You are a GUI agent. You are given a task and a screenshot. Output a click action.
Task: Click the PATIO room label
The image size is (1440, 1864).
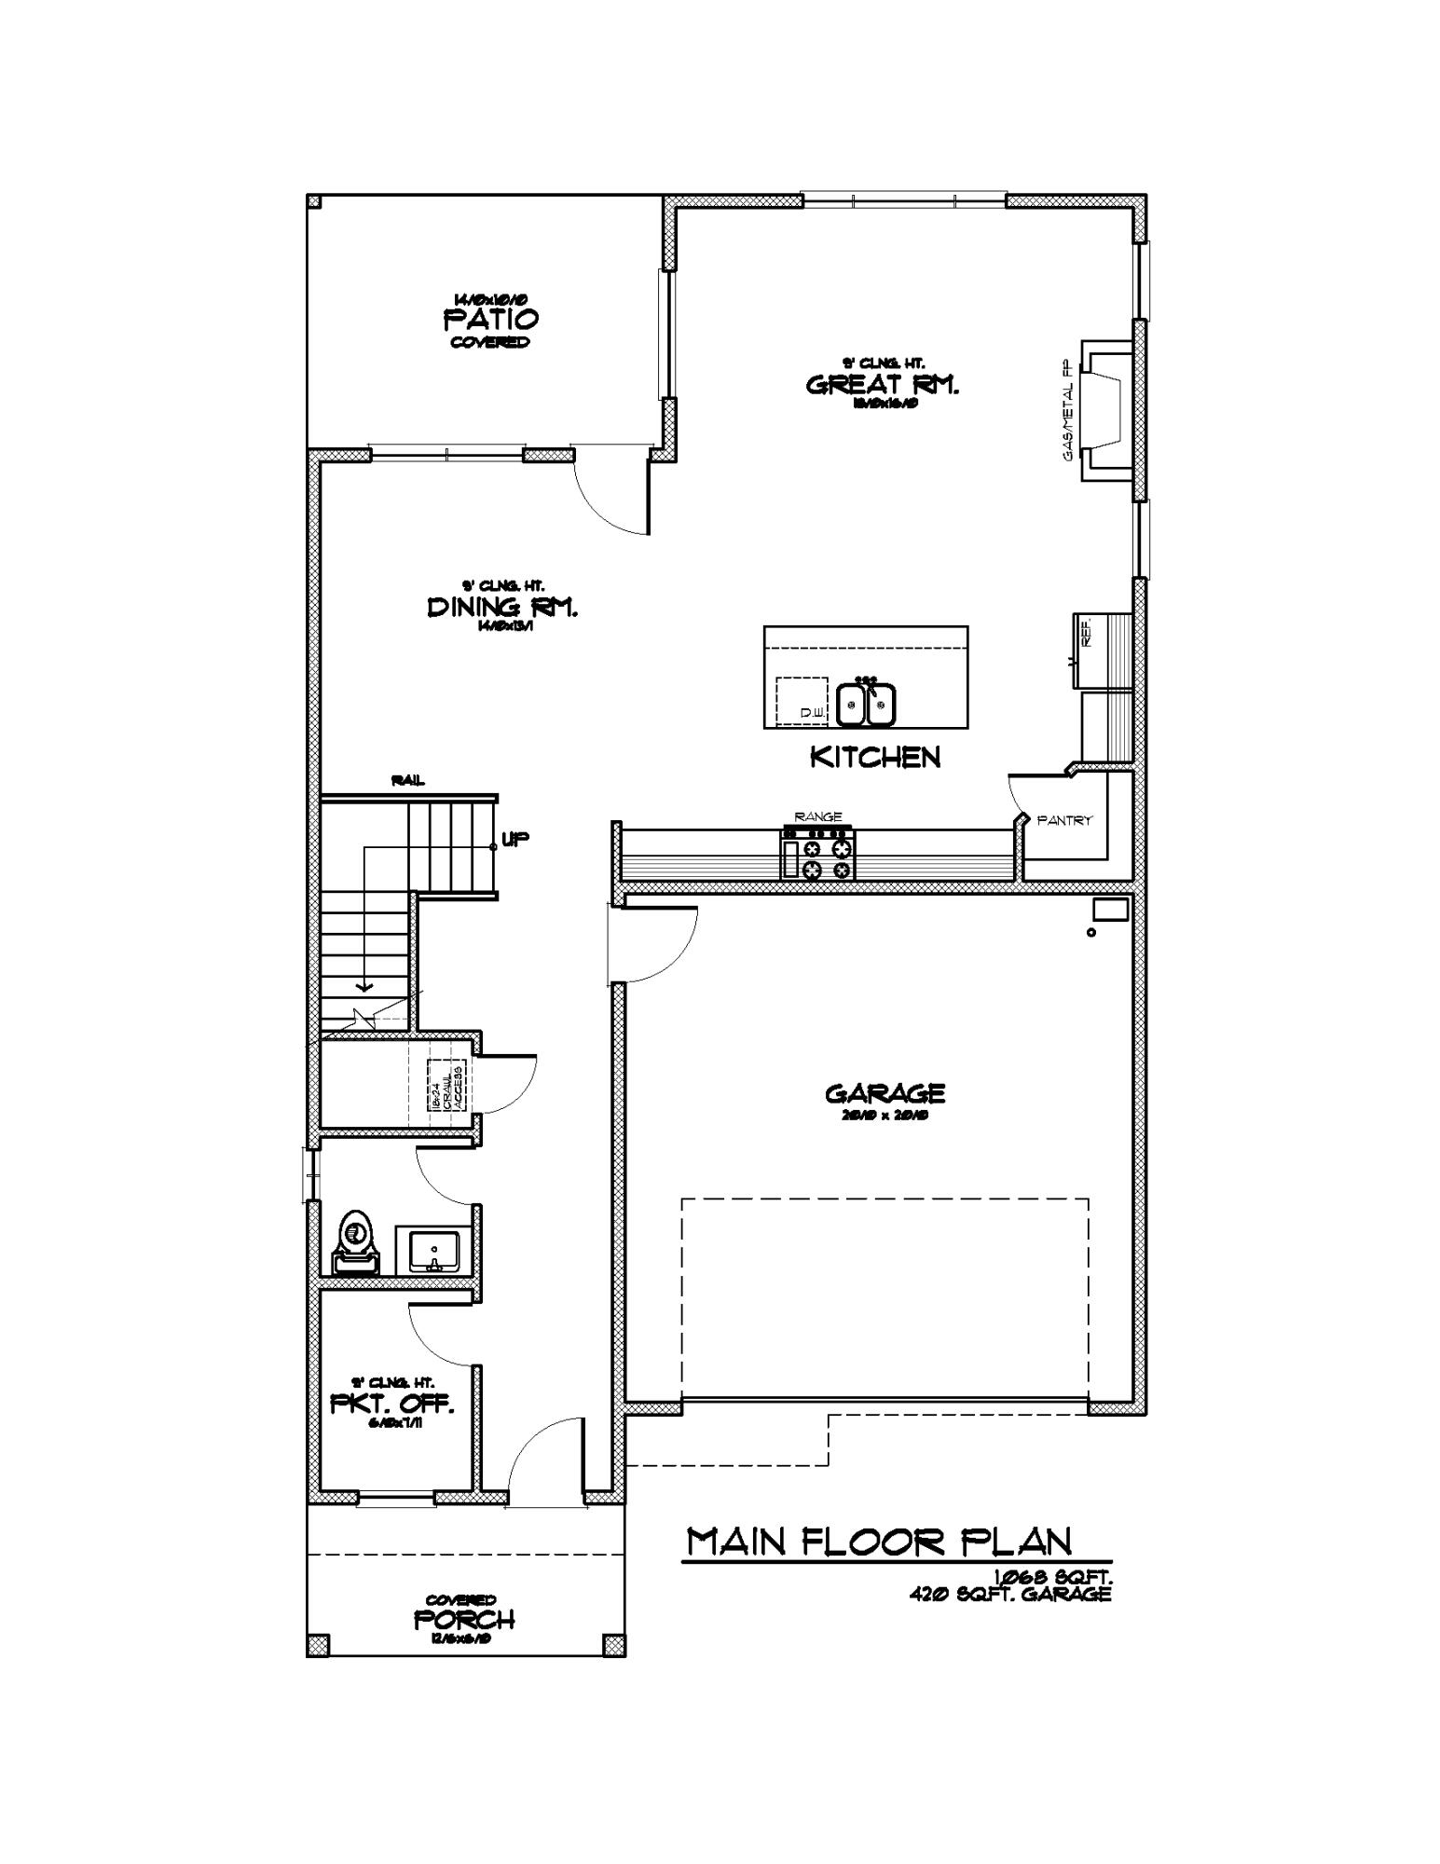pos(490,320)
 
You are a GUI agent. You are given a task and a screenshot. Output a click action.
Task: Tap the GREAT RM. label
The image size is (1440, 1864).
pos(882,385)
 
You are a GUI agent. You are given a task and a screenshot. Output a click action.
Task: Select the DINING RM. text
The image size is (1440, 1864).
pos(502,608)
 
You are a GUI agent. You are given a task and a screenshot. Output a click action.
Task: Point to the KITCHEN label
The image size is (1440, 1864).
pos(874,757)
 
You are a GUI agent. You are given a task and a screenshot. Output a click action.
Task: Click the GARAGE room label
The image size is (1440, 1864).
pos(885,1092)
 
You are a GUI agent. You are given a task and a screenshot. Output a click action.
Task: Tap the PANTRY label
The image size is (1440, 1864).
pos(1064,821)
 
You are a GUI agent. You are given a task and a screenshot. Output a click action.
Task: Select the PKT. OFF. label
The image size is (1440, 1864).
pos(392,1404)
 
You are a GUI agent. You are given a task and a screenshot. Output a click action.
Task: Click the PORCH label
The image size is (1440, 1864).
pos(464,1620)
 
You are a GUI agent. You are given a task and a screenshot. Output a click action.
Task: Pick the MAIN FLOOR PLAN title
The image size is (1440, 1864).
pos(879,1542)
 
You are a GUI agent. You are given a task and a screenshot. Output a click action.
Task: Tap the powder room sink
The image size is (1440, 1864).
pos(432,1250)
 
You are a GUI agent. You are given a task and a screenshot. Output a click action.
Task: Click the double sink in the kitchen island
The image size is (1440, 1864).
pos(866,705)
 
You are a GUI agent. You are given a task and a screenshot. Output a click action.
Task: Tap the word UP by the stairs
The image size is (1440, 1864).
pos(515,839)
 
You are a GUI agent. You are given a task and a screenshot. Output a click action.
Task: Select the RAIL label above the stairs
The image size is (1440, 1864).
pos(408,780)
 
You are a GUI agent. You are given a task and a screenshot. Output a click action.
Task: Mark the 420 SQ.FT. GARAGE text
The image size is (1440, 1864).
pos(1010,1595)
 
